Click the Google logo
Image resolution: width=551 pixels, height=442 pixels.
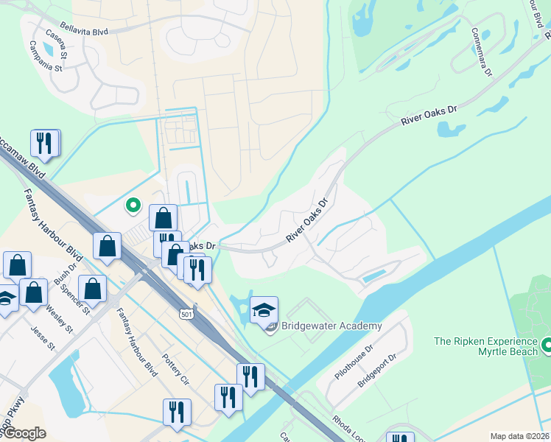pyautogui.click(x=24, y=433)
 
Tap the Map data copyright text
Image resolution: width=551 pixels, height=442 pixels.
pyautogui.click(x=519, y=436)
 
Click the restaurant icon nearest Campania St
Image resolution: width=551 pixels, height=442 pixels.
pyautogui.click(x=45, y=143)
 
